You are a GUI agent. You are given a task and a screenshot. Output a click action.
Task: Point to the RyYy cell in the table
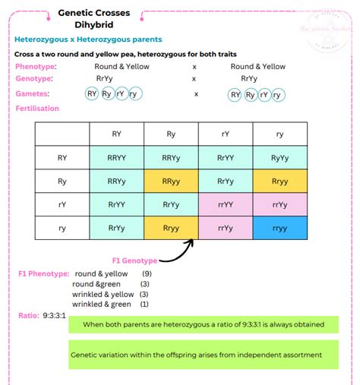click(x=279, y=158)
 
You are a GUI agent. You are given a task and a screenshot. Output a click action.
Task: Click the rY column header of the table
click(x=226, y=134)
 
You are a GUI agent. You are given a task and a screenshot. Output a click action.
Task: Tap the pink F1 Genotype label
click(x=135, y=260)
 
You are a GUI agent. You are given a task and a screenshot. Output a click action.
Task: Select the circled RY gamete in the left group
click(x=93, y=94)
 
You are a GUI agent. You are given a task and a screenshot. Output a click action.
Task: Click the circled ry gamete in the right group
click(x=279, y=94)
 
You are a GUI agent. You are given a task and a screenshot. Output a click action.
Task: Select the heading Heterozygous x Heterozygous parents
click(x=88, y=39)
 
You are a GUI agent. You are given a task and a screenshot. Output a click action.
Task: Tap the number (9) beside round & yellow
click(x=147, y=273)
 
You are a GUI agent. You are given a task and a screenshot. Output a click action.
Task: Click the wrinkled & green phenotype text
click(x=102, y=303)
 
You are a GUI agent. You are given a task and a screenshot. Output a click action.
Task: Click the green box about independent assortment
click(x=204, y=355)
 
